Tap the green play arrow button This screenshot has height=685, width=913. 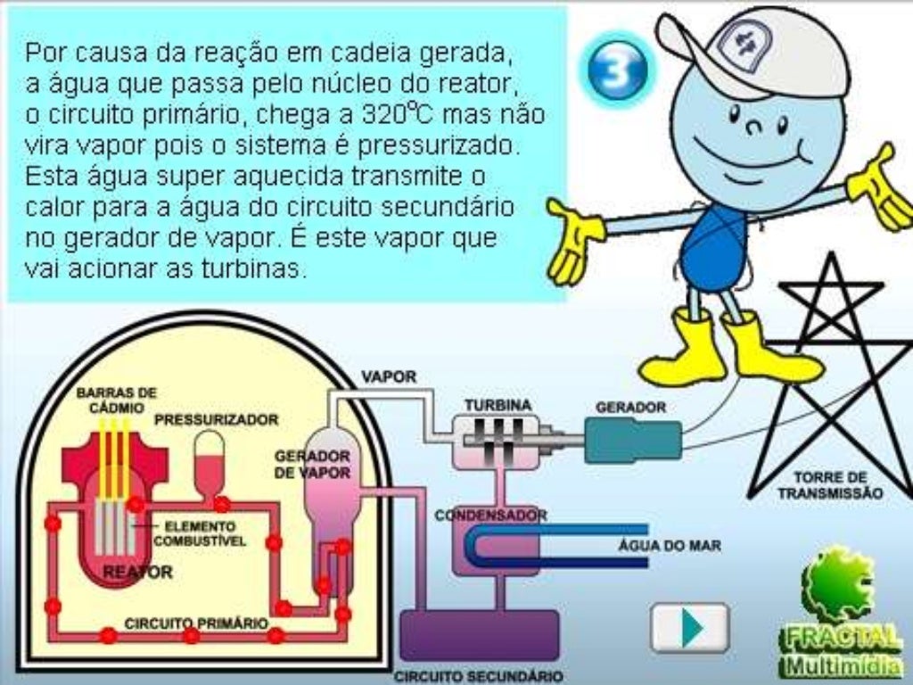pyautogui.click(x=690, y=627)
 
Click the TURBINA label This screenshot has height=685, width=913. pyautogui.click(x=498, y=405)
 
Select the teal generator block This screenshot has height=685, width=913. pyautogui.click(x=633, y=441)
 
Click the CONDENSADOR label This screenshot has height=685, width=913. pyautogui.click(x=490, y=516)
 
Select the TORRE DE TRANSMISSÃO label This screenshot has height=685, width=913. pyautogui.click(x=829, y=484)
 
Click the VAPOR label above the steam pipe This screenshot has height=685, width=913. pyautogui.click(x=389, y=376)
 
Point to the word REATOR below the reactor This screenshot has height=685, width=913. pyautogui.click(x=138, y=572)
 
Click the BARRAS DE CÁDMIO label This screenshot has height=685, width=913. pyautogui.click(x=116, y=399)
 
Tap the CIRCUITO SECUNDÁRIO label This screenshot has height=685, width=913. pyautogui.click(x=479, y=676)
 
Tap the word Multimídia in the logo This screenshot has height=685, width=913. pyautogui.click(x=841, y=666)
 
